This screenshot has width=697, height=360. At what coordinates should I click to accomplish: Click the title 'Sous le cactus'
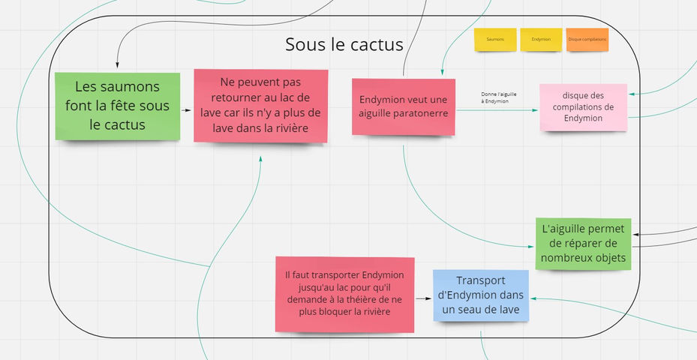344,44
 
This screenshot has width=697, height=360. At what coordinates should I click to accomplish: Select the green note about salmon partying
117,106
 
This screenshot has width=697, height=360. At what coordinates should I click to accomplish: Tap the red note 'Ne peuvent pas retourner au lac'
260,106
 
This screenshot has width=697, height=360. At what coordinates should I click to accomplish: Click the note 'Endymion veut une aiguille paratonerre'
404,106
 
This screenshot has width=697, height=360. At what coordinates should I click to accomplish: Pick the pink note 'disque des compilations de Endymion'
583,107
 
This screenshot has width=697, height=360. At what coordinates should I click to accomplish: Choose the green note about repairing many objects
584,244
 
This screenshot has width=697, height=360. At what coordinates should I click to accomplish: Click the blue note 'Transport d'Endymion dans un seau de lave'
479,295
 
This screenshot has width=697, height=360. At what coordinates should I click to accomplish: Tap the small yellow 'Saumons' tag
494,39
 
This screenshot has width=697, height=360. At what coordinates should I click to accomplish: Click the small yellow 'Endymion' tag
541,39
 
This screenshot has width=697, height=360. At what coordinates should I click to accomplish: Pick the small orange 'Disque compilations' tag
587,39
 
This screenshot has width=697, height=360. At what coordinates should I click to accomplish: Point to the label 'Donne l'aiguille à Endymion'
494,97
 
